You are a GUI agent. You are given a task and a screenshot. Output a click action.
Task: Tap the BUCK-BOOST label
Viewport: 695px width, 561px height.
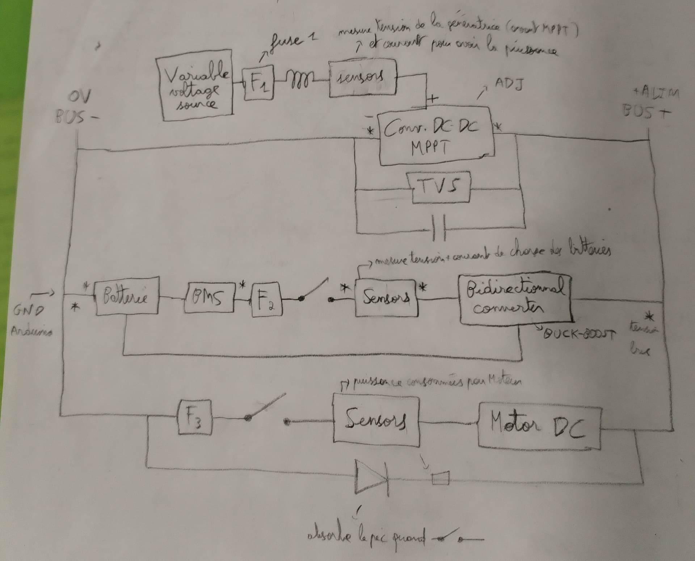[x=577, y=333]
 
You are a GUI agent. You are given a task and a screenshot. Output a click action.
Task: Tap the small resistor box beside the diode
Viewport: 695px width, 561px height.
[x=441, y=478]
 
